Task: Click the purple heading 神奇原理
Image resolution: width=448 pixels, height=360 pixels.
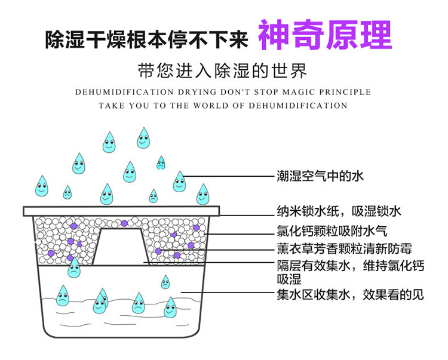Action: tap(324, 36)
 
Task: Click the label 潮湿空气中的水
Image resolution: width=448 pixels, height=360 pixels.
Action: tap(320, 176)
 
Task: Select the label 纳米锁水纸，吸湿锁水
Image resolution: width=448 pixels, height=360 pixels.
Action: tap(338, 211)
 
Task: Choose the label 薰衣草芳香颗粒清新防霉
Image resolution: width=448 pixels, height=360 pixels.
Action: tap(344, 249)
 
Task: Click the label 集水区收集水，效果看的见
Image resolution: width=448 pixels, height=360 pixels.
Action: tap(350, 294)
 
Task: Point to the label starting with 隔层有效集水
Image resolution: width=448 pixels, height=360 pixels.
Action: tap(350, 266)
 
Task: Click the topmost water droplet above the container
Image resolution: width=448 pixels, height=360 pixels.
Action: tap(143, 138)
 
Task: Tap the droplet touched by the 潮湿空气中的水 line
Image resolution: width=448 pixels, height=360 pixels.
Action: tap(179, 181)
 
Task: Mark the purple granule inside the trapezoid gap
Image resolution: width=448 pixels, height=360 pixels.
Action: tap(124, 223)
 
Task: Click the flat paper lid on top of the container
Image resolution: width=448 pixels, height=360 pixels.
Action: tap(122, 211)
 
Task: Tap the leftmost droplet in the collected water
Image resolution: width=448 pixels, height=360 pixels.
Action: tap(62, 294)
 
